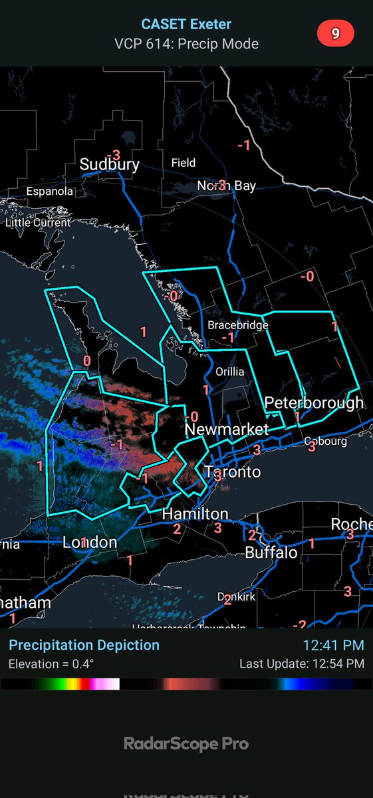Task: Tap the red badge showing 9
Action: [x=336, y=34]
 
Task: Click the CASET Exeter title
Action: [x=186, y=25]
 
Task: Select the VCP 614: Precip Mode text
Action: [x=186, y=44]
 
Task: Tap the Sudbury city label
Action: [x=110, y=164]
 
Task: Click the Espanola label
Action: [x=50, y=192]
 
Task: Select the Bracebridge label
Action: [x=238, y=325]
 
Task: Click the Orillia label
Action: [x=230, y=371]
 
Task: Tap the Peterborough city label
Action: [x=314, y=403]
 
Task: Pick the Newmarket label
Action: [x=227, y=430]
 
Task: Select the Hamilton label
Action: [x=195, y=514]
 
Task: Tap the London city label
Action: [x=90, y=543]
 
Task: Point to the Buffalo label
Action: [x=271, y=553]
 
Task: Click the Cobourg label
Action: [x=326, y=442]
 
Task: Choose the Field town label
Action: [x=184, y=162]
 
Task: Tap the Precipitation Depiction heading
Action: [x=84, y=645]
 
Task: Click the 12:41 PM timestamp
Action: [x=333, y=645]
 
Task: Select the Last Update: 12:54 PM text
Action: [x=302, y=664]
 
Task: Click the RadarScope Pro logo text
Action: [x=186, y=743]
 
